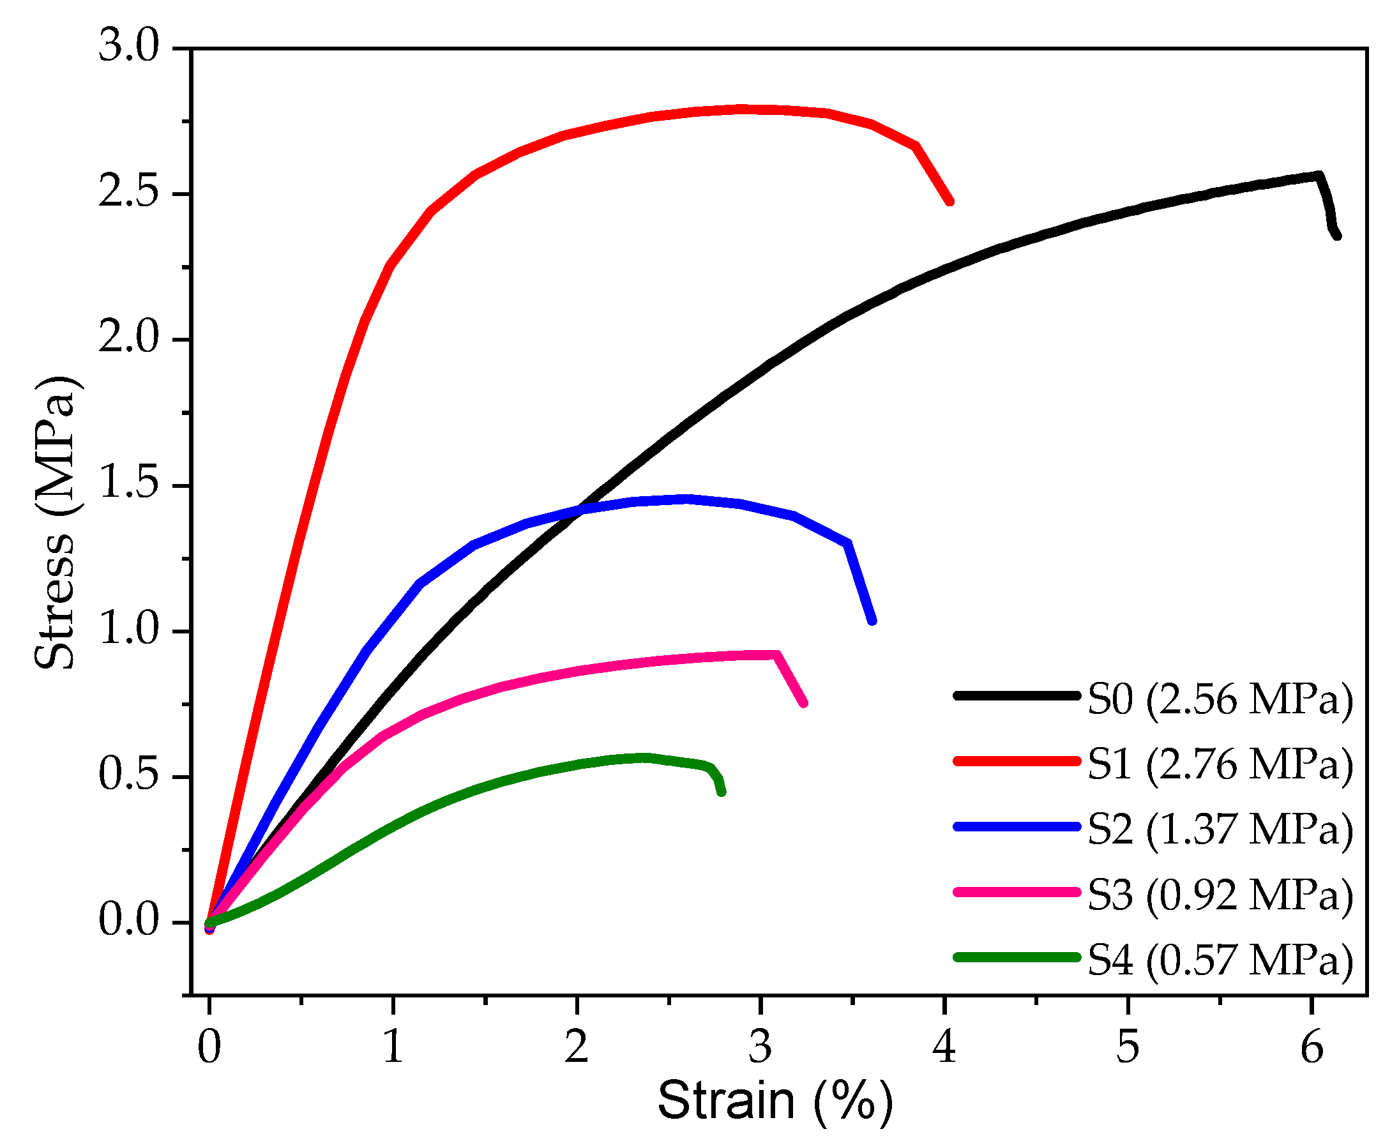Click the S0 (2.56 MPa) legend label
1220,699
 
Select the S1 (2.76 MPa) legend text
1220,764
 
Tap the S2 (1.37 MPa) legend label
1220,829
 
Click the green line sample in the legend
1017,957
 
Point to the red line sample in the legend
1017,761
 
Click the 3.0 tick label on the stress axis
129,47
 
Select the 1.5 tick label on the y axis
129,485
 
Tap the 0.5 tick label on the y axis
129,776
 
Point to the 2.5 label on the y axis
129,193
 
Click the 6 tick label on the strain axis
1312,1047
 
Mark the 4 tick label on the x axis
944,1047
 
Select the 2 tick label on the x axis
577,1047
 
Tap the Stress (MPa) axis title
56,524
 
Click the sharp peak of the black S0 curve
1319,176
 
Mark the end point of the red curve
950,202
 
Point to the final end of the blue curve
872,620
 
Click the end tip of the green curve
722,792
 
